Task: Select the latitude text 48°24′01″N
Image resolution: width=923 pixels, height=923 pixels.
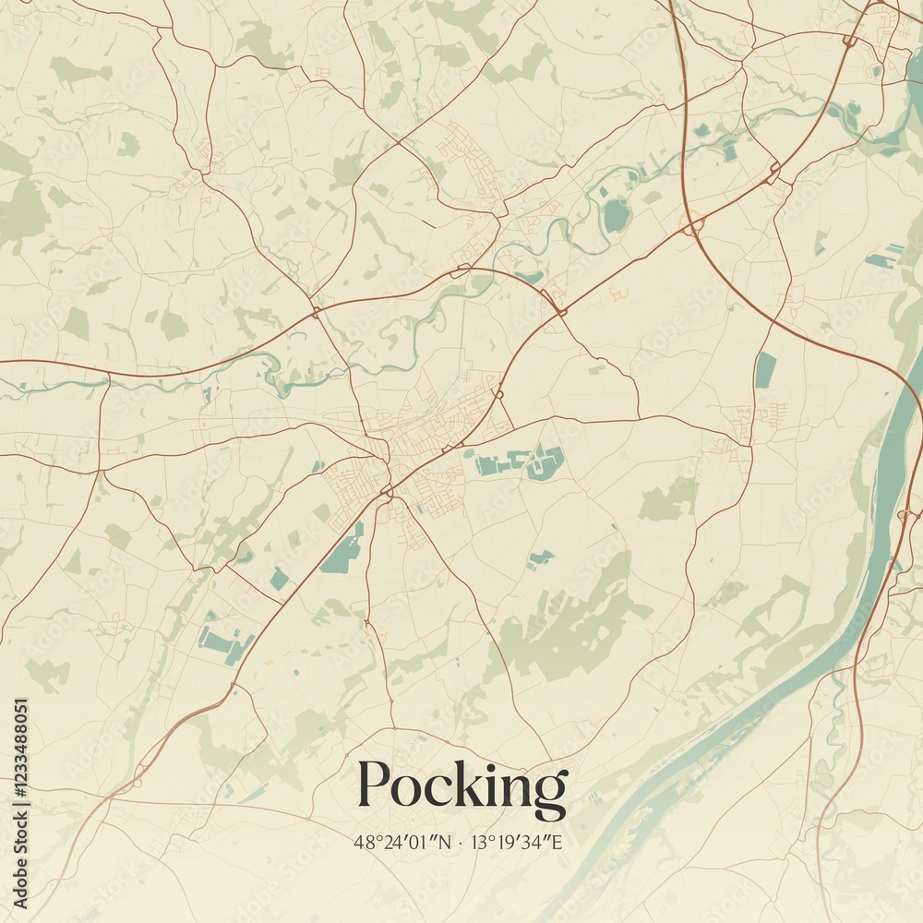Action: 402,842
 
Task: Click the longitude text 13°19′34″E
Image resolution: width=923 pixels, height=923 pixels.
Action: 520,842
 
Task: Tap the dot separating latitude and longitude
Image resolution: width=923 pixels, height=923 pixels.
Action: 459,842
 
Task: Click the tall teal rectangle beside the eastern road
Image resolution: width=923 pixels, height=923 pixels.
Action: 765,370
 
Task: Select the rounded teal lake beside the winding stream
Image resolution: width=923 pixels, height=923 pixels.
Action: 616,216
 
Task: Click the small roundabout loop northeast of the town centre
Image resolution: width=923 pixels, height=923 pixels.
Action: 498,394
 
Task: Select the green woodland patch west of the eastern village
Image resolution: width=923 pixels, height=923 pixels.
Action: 666,501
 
